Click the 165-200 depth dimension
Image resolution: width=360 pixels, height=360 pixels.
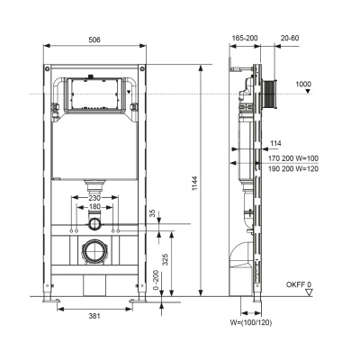(246, 40)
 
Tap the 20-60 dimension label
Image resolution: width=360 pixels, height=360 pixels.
(291, 40)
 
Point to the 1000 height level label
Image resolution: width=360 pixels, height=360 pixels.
(302, 84)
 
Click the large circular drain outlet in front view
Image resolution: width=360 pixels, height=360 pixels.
(93, 251)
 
